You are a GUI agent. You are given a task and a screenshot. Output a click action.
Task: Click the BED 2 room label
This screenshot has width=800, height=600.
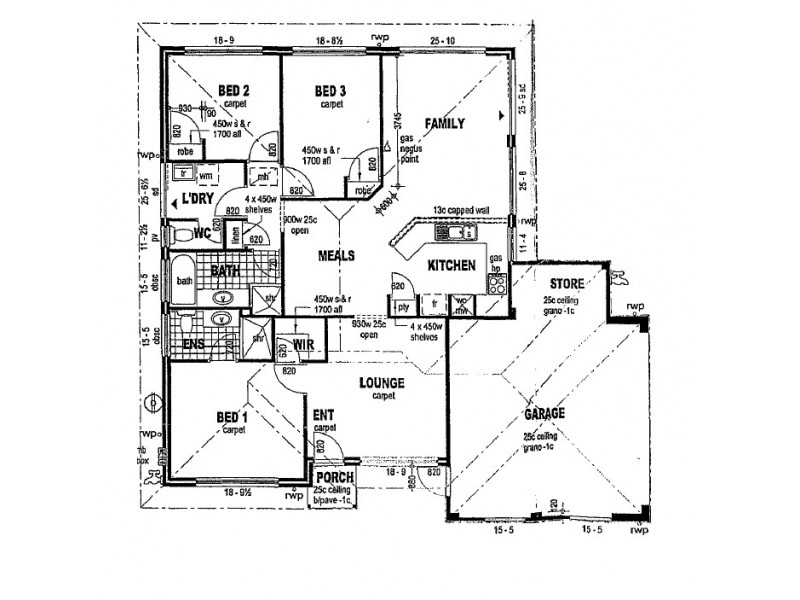234,90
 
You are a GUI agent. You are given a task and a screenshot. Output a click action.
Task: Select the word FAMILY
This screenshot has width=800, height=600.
444,122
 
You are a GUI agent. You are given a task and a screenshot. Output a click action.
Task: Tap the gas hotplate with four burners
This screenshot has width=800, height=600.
496,282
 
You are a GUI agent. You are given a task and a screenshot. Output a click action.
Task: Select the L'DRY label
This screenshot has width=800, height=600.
199,200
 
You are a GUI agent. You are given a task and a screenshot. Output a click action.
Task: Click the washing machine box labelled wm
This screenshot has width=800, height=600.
206,176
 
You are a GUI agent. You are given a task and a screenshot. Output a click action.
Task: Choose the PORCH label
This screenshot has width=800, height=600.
335,479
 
